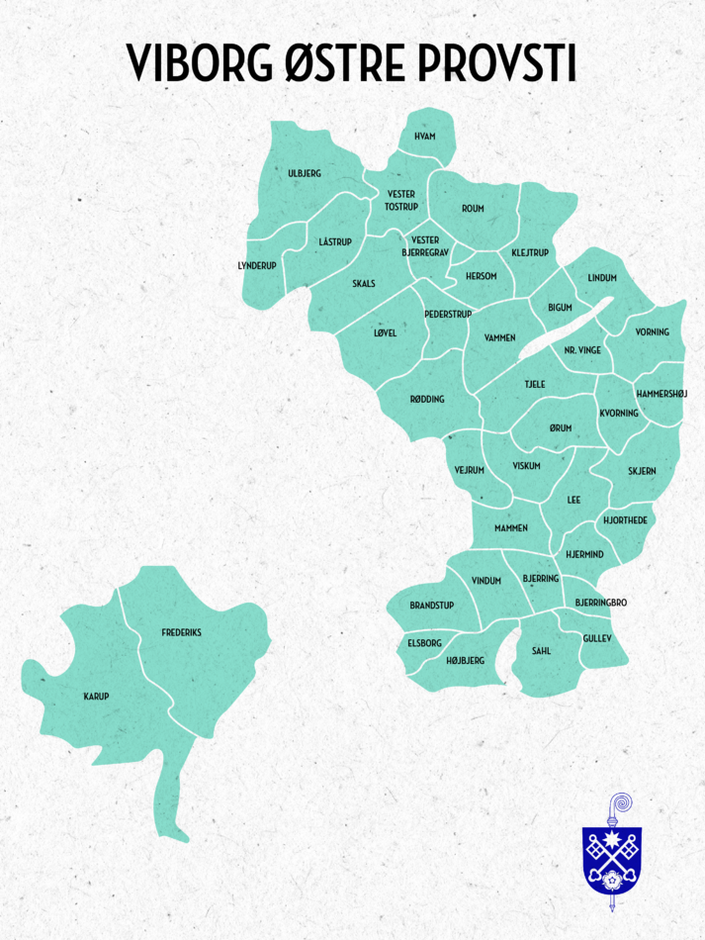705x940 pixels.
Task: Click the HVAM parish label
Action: click(425, 136)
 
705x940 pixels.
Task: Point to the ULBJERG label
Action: click(305, 173)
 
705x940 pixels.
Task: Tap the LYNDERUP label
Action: click(257, 265)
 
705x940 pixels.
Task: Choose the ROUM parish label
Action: click(472, 209)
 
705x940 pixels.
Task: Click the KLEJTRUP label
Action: click(530, 253)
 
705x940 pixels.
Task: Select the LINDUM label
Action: click(601, 278)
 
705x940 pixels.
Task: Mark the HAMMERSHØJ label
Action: click(661, 393)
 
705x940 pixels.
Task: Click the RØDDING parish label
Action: click(427, 399)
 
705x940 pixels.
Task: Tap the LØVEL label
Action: click(385, 332)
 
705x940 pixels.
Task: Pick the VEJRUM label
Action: click(469, 469)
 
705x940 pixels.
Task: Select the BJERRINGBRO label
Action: click(601, 602)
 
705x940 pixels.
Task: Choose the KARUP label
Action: click(96, 697)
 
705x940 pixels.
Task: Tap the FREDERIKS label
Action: click(182, 631)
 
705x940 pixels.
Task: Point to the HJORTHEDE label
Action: click(625, 519)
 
